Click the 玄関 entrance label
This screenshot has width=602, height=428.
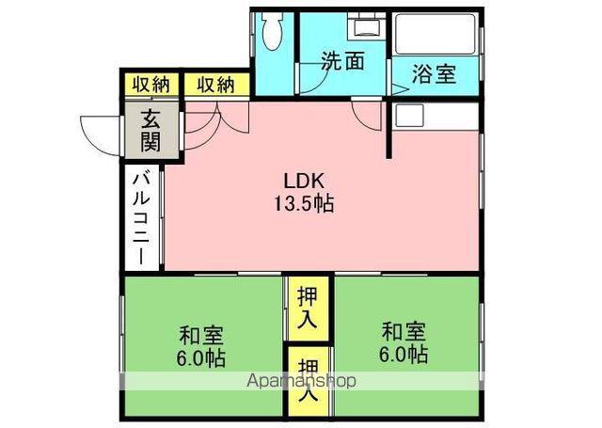click(x=150, y=131)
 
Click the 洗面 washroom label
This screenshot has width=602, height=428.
click(x=341, y=62)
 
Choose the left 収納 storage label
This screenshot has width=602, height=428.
click(x=150, y=83)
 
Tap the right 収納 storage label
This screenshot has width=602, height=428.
click(x=215, y=83)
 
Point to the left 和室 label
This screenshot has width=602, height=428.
click(x=202, y=334)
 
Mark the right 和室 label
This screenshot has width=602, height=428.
click(x=404, y=332)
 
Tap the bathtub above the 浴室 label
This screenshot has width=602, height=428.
click(x=435, y=36)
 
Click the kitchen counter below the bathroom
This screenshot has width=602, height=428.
click(x=435, y=117)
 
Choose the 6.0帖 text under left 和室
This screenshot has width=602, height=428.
click(x=202, y=358)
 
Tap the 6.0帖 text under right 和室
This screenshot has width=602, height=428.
click(x=404, y=356)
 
